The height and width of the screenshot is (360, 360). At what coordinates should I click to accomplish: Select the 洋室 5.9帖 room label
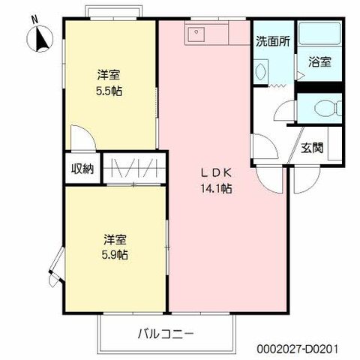point(115,247)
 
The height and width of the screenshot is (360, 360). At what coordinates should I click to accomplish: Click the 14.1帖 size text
point(215,188)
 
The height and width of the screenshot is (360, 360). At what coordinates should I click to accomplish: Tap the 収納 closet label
point(82,169)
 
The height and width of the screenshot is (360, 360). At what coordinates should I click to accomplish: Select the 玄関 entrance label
point(313,148)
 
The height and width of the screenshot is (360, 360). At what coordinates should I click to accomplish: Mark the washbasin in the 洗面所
point(261,71)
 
